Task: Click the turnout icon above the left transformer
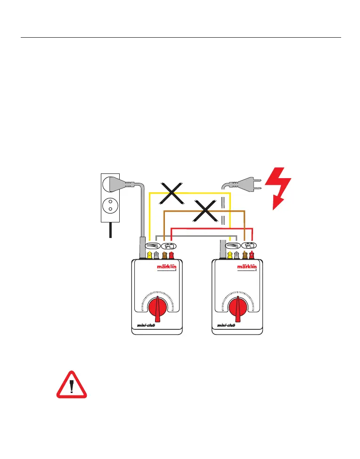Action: [x=152, y=246]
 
